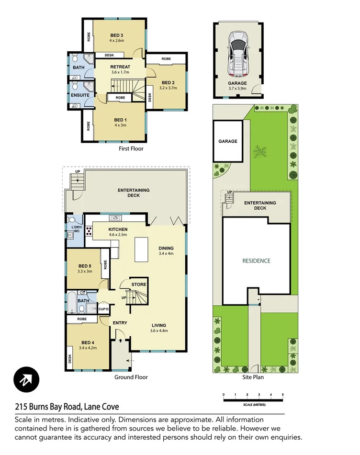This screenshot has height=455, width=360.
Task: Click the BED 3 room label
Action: (117, 35)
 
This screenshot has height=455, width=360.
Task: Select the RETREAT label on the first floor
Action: (120, 67)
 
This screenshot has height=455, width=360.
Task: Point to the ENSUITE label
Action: (80, 95)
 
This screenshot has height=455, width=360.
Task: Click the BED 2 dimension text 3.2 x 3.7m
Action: (169, 88)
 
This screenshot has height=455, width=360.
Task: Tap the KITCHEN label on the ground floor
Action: (118, 229)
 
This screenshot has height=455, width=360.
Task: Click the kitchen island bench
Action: (141, 249)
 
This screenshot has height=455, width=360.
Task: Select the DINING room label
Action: (166, 248)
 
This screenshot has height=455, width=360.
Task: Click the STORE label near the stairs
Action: (138, 284)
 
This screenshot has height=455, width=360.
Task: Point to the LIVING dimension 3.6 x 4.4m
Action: (159, 330)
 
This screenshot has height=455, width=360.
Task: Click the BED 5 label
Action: (85, 266)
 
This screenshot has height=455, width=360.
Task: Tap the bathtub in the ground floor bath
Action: (72, 301)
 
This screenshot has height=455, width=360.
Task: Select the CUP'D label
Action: (104, 309)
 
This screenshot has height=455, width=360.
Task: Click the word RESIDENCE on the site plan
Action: (256, 261)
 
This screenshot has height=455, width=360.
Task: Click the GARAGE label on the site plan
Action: (228, 141)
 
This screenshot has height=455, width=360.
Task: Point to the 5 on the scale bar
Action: (283, 394)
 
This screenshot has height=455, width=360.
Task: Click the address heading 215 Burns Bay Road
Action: (67, 407)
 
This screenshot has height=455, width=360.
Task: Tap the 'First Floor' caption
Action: (131, 148)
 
